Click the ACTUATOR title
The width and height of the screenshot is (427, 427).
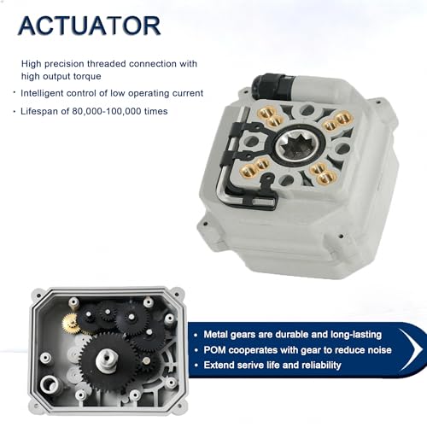click(x=90, y=26)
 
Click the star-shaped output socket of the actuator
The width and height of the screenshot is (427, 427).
click(x=300, y=147)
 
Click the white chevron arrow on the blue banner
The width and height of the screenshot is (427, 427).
click(x=411, y=349)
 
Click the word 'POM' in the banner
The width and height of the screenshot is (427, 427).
click(x=214, y=350)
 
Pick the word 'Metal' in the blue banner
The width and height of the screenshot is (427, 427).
click(x=215, y=335)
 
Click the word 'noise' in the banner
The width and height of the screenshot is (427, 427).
click(x=380, y=350)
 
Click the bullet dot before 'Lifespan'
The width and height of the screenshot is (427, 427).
click(x=15, y=112)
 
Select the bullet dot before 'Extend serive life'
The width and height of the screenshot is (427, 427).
click(x=196, y=366)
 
